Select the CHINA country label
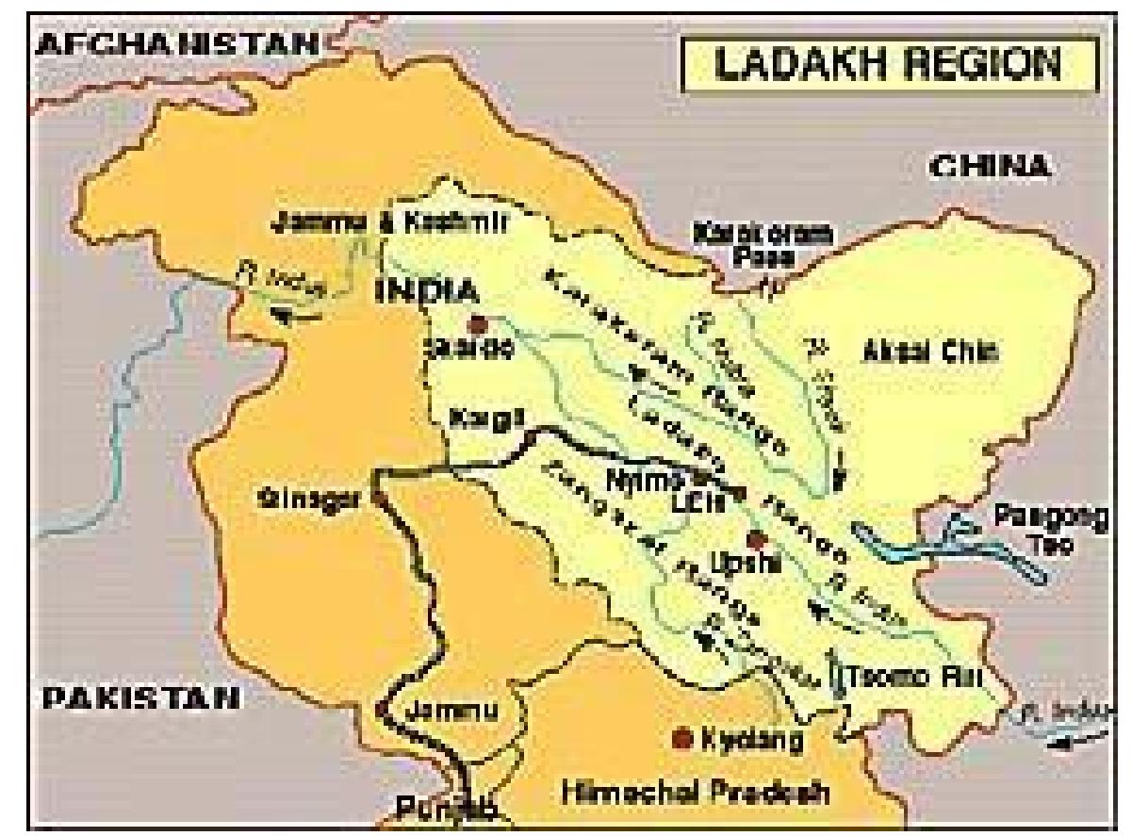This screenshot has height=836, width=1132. [989, 167]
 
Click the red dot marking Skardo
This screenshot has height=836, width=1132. [478, 323]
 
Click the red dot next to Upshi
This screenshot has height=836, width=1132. [753, 540]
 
